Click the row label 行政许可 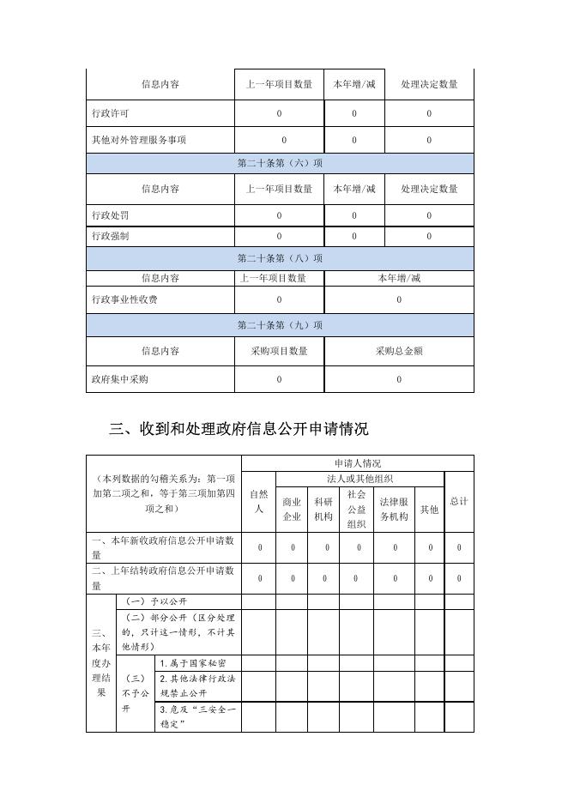click(111, 113)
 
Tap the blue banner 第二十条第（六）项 click(280, 163)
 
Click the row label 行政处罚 click(111, 214)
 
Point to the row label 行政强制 click(111, 236)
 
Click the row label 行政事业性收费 click(125, 299)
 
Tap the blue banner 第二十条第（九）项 click(280, 325)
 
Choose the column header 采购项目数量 click(279, 351)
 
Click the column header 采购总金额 click(399, 351)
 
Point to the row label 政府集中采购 click(120, 379)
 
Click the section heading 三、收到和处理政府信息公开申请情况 click(239, 428)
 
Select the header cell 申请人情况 click(358, 463)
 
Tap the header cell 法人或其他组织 click(360, 478)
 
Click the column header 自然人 click(258, 502)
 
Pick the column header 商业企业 click(292, 510)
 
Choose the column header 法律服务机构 click(395, 510)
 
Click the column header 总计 click(459, 501)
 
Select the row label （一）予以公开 click(156, 601)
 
